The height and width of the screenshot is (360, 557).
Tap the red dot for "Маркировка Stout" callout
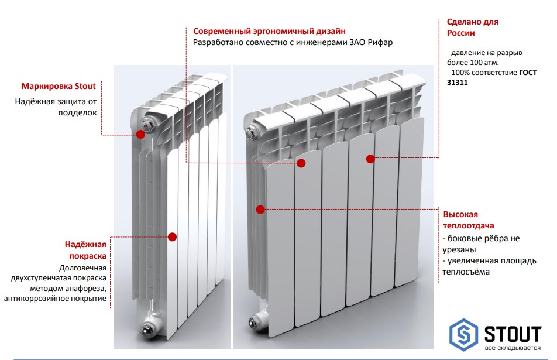point(140,134)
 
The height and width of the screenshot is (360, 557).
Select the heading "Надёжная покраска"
point(85,251)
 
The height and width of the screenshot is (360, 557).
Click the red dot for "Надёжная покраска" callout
point(172,236)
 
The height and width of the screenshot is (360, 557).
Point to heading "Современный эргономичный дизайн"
point(269,30)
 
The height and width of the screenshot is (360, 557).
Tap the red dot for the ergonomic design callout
point(301,163)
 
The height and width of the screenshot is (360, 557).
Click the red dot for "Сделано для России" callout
point(370,159)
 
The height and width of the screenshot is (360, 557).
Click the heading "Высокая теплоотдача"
point(468,220)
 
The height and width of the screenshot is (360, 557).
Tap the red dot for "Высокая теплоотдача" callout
point(260,209)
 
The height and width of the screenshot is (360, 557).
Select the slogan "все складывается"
point(513,348)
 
